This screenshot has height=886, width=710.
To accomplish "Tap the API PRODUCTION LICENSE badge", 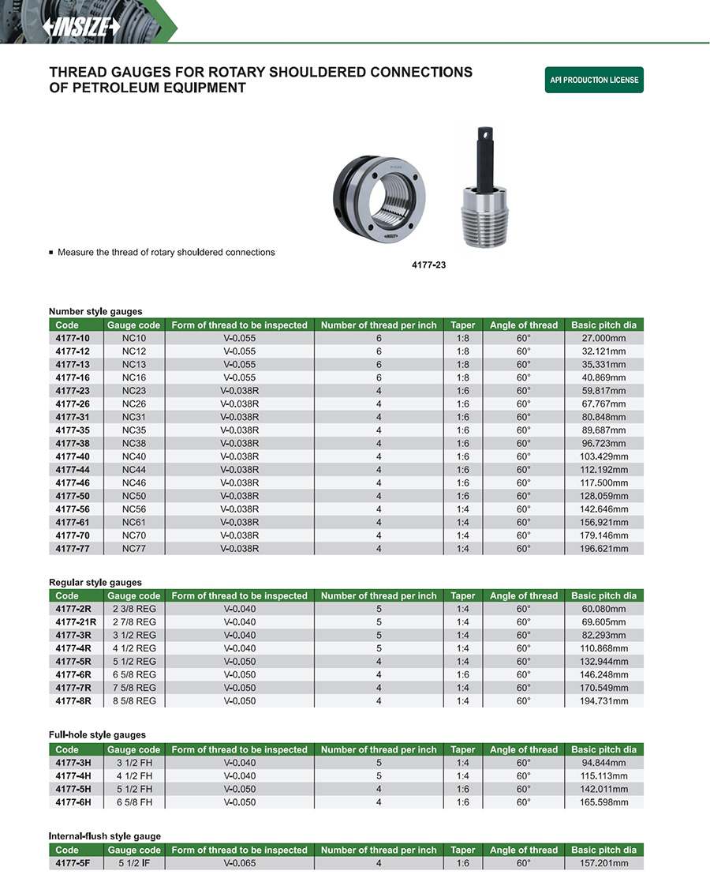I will coord(594,80).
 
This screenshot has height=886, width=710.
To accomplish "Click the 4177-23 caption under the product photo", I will coord(428,265).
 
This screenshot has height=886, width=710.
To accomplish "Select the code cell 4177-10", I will coord(73,338).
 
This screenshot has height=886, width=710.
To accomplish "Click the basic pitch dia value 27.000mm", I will coord(603,338).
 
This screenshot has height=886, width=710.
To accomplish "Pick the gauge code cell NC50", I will coord(133,496).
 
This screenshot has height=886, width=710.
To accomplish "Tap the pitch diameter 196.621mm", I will coord(603,549).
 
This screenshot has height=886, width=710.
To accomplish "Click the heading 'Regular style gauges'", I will coord(95,582).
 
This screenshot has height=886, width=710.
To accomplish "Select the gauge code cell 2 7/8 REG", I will coord(133,622).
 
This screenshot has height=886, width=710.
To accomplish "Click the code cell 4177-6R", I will coord(73,675).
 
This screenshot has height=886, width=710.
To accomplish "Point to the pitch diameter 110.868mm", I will coord(603,648).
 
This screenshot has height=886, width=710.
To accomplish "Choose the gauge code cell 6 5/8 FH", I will coord(133,802).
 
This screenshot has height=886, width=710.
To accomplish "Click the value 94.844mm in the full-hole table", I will coord(603,763).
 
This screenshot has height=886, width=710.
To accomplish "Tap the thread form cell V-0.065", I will coord(239,863).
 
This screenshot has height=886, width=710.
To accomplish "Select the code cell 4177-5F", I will coord(73,863).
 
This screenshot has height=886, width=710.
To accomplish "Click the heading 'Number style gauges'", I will coord(95,311).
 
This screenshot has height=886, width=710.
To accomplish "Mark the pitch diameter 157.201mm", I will coord(603,863).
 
